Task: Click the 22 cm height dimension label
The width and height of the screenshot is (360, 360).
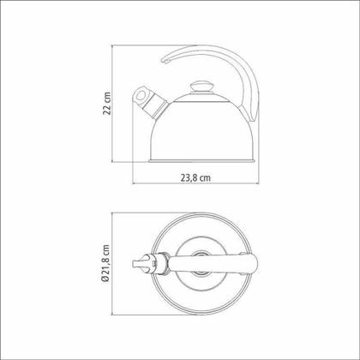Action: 107,103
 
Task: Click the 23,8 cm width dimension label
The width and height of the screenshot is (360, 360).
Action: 195,177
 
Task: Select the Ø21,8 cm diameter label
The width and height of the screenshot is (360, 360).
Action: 105,263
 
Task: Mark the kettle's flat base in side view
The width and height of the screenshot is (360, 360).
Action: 201,160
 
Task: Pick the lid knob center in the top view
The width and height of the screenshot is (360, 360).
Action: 201,263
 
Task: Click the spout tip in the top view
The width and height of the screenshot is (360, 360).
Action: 134,263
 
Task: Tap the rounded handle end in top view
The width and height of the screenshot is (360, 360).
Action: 255,263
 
